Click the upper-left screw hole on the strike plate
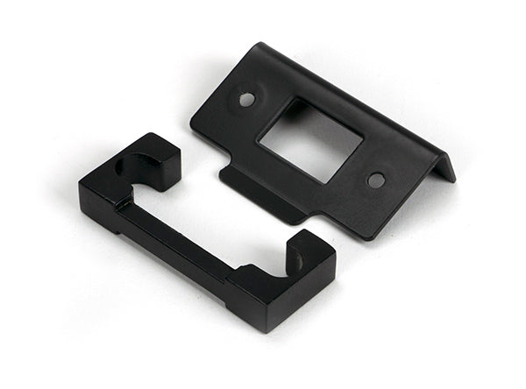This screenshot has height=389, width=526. point(247,99)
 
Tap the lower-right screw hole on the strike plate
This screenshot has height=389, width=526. point(376,180)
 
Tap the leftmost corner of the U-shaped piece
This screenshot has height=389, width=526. point(81,186)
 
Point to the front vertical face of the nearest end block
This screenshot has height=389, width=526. point(298,298)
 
